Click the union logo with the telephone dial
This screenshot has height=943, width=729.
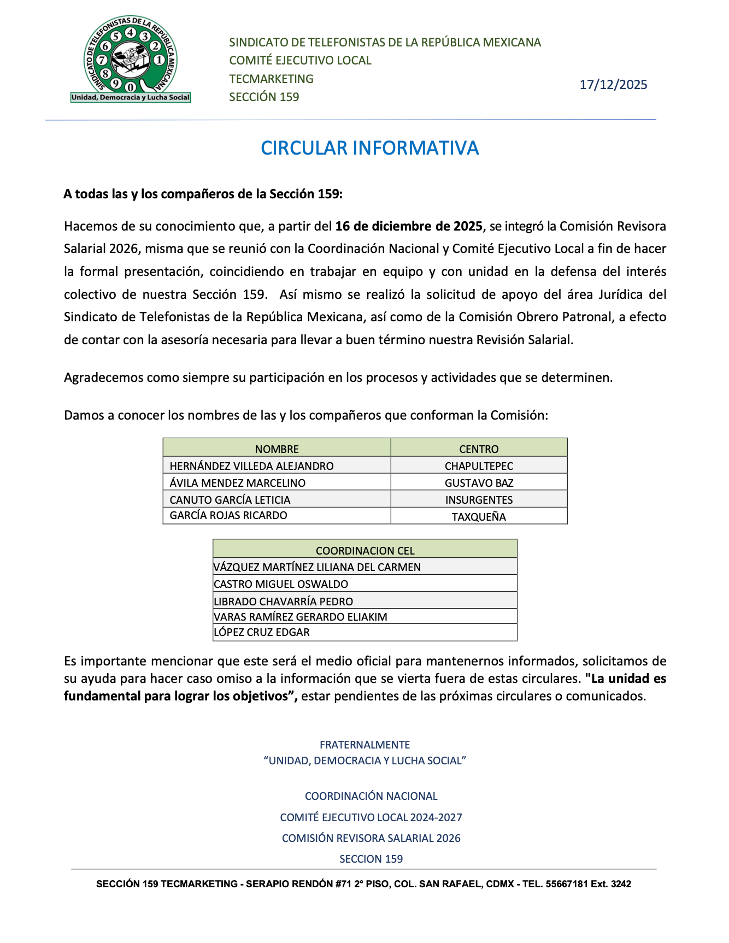[130, 55]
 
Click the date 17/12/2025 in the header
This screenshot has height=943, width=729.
[613, 85]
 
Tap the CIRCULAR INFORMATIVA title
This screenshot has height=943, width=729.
[369, 148]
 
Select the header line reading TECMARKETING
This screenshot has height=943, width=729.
[271, 79]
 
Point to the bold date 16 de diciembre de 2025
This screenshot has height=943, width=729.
[409, 226]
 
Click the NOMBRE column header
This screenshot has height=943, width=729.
[277, 449]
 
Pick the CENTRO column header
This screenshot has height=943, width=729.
[479, 449]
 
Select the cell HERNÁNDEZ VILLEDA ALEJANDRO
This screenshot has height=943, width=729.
[251, 466]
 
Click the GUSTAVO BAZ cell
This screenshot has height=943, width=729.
[479, 483]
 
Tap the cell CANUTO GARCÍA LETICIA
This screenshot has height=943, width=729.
[230, 500]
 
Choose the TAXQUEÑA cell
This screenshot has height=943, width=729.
[479, 517]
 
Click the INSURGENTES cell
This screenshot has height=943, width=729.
[479, 500]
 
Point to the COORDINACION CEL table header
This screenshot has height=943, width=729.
[365, 551]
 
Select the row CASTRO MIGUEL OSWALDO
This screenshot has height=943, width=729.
[281, 584]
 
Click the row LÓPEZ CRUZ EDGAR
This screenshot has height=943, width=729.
[262, 632]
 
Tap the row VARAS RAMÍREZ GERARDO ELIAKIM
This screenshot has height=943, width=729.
[301, 617]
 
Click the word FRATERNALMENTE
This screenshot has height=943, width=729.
[365, 745]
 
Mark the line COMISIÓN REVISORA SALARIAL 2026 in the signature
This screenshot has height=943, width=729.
[371, 838]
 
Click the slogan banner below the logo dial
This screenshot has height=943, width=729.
[131, 98]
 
